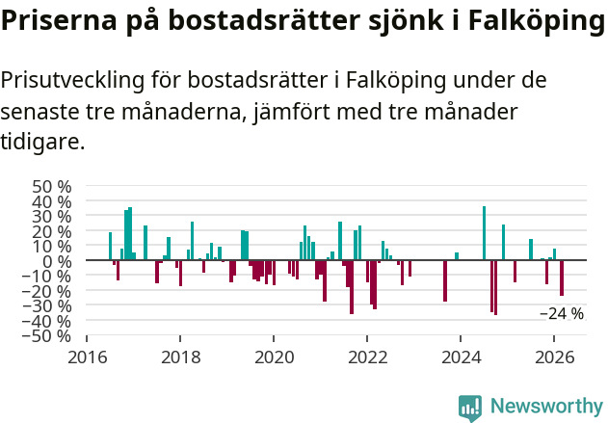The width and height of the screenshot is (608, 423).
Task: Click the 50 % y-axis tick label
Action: [x=51, y=186]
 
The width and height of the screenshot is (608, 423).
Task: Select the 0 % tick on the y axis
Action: [x=58, y=261]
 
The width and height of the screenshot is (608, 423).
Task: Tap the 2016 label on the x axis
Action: [x=87, y=357]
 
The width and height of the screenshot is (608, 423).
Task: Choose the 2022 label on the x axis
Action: [x=367, y=357]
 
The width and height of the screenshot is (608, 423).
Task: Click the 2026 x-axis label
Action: [x=554, y=357]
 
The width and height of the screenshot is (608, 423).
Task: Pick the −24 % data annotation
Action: [x=561, y=313]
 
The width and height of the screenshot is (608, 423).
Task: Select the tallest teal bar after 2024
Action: [x=484, y=233]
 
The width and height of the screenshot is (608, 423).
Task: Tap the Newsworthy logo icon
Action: [x=470, y=408]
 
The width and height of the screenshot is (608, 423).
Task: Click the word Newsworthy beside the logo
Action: [x=546, y=408]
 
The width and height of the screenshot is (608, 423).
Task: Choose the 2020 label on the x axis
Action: [x=274, y=357]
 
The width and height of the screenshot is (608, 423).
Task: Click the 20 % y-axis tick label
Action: [x=51, y=231]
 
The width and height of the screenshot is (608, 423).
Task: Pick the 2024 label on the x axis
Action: [x=461, y=357]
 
